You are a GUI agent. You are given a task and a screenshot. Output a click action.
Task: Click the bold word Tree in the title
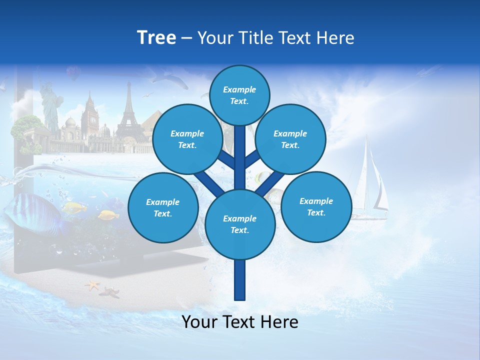(156, 37)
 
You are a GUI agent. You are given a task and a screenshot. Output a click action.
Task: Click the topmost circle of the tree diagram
(239, 95)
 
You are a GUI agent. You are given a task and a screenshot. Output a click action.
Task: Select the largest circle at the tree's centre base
(240, 224)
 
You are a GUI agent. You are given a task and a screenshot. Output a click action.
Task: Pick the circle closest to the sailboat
(316, 206)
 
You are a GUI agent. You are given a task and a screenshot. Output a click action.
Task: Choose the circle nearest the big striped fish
(163, 207)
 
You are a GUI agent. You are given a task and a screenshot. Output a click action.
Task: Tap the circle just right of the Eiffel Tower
(187, 139)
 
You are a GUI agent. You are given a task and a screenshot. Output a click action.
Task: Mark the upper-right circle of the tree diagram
(290, 139)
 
